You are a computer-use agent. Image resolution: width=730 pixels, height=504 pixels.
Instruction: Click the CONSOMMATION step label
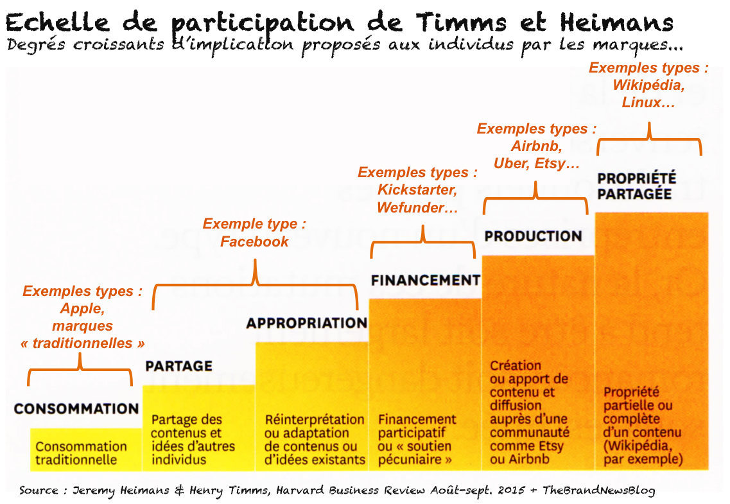[x=76, y=408]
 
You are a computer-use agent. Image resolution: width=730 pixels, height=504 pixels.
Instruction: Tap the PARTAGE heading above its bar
[x=178, y=366]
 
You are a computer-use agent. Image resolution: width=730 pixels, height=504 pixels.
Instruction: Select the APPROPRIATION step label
[x=306, y=323]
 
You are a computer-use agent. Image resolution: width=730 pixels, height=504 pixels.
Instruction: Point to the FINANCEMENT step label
[x=425, y=280]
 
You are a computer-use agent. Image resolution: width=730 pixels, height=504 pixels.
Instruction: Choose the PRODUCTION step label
[x=533, y=236]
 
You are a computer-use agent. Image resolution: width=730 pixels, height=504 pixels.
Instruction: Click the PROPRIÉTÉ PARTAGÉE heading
[x=636, y=186]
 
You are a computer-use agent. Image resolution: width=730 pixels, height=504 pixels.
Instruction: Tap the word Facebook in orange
[x=254, y=241]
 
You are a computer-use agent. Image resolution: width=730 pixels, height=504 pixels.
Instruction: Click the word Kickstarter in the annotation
[x=417, y=190]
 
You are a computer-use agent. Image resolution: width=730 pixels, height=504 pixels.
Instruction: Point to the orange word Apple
[x=82, y=308]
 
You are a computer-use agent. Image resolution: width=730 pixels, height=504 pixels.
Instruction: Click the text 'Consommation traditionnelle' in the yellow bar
[x=81, y=453]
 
